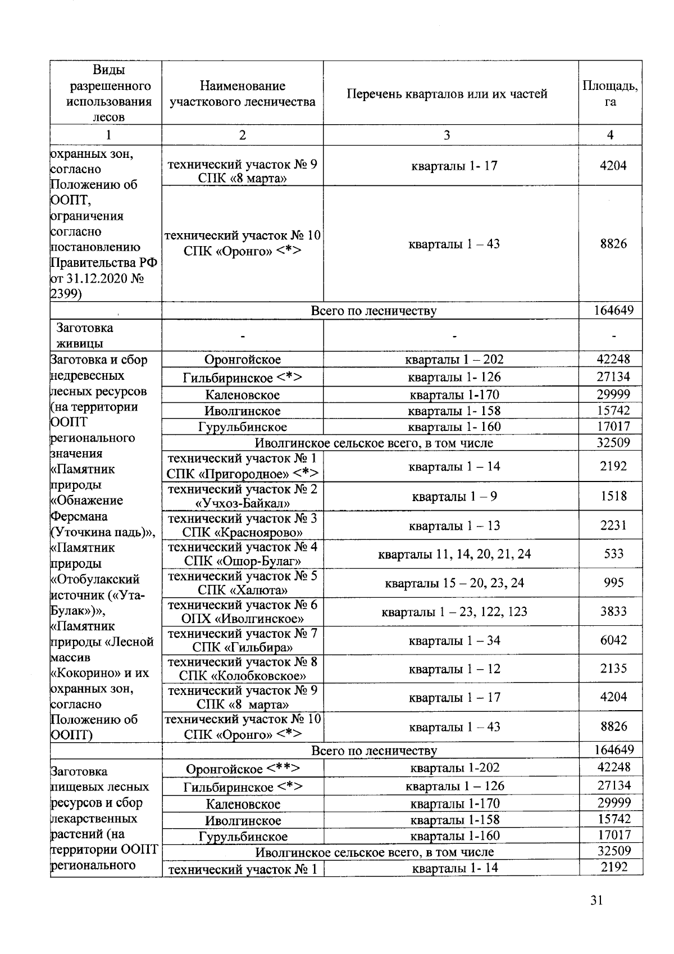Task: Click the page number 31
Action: pyautogui.click(x=596, y=901)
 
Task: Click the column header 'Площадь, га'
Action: pyautogui.click(x=610, y=94)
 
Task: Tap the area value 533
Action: pyautogui.click(x=613, y=554)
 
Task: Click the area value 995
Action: pyautogui.click(x=613, y=583)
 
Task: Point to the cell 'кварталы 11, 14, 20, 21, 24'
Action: pyautogui.click(x=454, y=555)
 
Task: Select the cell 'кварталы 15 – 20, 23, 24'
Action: pyautogui.click(x=454, y=583)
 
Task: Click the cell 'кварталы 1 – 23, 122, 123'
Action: pyautogui.click(x=454, y=612)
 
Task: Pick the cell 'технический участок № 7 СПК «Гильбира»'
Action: pyautogui.click(x=243, y=640)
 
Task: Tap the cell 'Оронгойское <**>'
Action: pyautogui.click(x=243, y=769)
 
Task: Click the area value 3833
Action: pyautogui.click(x=613, y=611)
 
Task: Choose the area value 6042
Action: pyautogui.click(x=613, y=640)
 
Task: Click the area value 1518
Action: pyautogui.click(x=613, y=496)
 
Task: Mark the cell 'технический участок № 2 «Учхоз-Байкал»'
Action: pyautogui.click(x=243, y=496)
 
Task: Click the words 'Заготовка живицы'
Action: pyautogui.click(x=84, y=335)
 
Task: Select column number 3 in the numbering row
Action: pyautogui.click(x=447, y=135)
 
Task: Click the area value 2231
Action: pyautogui.click(x=613, y=525)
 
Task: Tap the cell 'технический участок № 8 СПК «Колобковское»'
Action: pyautogui.click(x=243, y=669)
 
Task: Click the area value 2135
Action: pyautogui.click(x=613, y=669)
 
